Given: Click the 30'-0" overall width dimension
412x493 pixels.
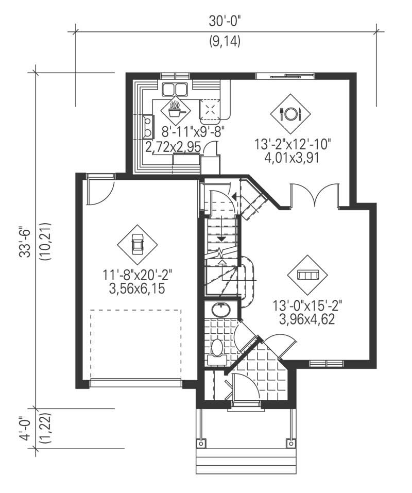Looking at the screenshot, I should pos(225,22).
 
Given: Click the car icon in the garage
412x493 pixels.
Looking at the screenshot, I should pos(137,244).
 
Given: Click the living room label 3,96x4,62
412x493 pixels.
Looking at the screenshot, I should pos(307,318).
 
